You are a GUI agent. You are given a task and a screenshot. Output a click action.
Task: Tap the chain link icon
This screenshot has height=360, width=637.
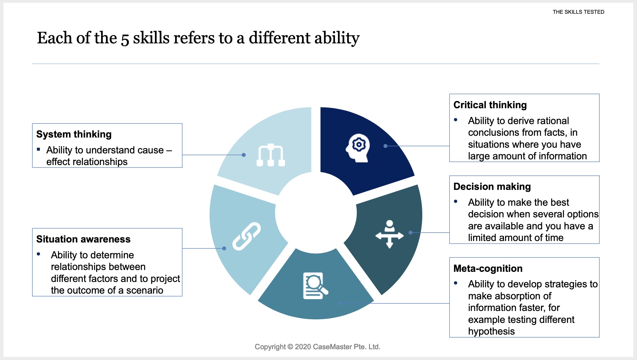(x=246, y=236)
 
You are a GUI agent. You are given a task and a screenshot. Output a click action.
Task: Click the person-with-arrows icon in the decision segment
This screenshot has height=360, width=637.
(x=389, y=234)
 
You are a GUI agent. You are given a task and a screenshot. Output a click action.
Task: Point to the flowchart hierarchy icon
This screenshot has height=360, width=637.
(x=271, y=155)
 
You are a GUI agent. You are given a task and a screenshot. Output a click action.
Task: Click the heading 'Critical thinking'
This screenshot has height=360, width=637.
(x=490, y=105)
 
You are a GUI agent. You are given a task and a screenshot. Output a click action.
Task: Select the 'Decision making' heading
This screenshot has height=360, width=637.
(x=492, y=187)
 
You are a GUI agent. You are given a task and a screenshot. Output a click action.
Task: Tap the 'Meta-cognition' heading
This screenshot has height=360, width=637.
(x=488, y=269)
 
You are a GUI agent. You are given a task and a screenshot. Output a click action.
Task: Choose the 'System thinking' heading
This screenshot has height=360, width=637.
(x=74, y=134)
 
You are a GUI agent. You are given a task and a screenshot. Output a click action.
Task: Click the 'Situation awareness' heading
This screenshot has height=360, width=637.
(x=83, y=239)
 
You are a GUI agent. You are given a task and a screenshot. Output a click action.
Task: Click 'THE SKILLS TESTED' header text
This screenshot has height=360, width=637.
(x=578, y=12)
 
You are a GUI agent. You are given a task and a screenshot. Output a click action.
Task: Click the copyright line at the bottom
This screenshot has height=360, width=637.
(x=318, y=347)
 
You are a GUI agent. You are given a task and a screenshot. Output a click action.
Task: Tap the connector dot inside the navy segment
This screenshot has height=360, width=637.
(x=385, y=146)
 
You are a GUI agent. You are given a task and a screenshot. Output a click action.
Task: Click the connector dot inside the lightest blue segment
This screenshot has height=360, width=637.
(x=244, y=155)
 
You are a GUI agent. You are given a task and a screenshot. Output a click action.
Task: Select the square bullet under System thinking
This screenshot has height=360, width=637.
(x=38, y=149)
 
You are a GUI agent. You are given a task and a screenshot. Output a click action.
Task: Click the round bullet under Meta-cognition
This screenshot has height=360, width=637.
(x=455, y=283)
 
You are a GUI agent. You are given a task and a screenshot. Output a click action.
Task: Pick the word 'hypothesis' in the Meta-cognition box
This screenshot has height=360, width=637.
(x=491, y=331)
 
